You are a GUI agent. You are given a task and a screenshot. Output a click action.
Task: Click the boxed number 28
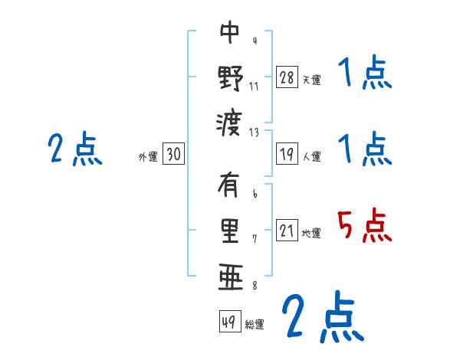coord(287,77)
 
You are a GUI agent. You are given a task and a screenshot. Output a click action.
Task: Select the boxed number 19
coord(287,154)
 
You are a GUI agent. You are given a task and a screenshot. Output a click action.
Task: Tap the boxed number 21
coord(287,231)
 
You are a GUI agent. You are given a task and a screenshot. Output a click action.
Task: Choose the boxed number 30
coord(173,154)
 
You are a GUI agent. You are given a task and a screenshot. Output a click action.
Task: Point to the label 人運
coord(311,156)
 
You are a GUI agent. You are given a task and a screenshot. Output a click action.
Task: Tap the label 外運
coord(148,156)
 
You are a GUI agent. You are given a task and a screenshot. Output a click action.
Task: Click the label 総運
coord(255,324)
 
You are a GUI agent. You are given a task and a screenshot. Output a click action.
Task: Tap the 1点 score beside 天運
coord(365,74)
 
